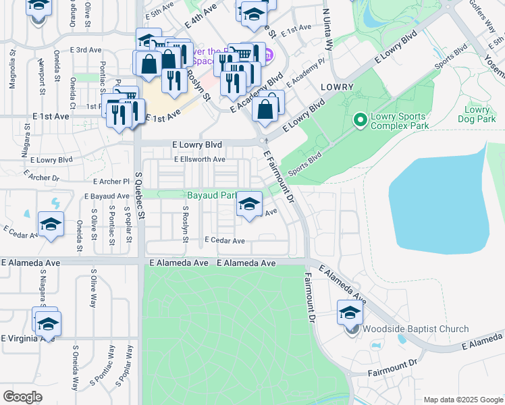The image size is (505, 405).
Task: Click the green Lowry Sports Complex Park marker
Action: [x=360, y=121]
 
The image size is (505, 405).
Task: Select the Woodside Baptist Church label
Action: [x=415, y=329]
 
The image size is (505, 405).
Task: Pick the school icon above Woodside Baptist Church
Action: [x=350, y=313]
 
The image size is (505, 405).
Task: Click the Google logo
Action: [x=22, y=397]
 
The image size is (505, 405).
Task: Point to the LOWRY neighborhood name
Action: [x=337, y=87]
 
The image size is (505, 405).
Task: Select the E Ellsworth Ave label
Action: [x=199, y=159]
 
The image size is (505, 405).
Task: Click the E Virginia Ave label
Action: [x=27, y=338]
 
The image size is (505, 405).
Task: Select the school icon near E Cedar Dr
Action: [x=51, y=225]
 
